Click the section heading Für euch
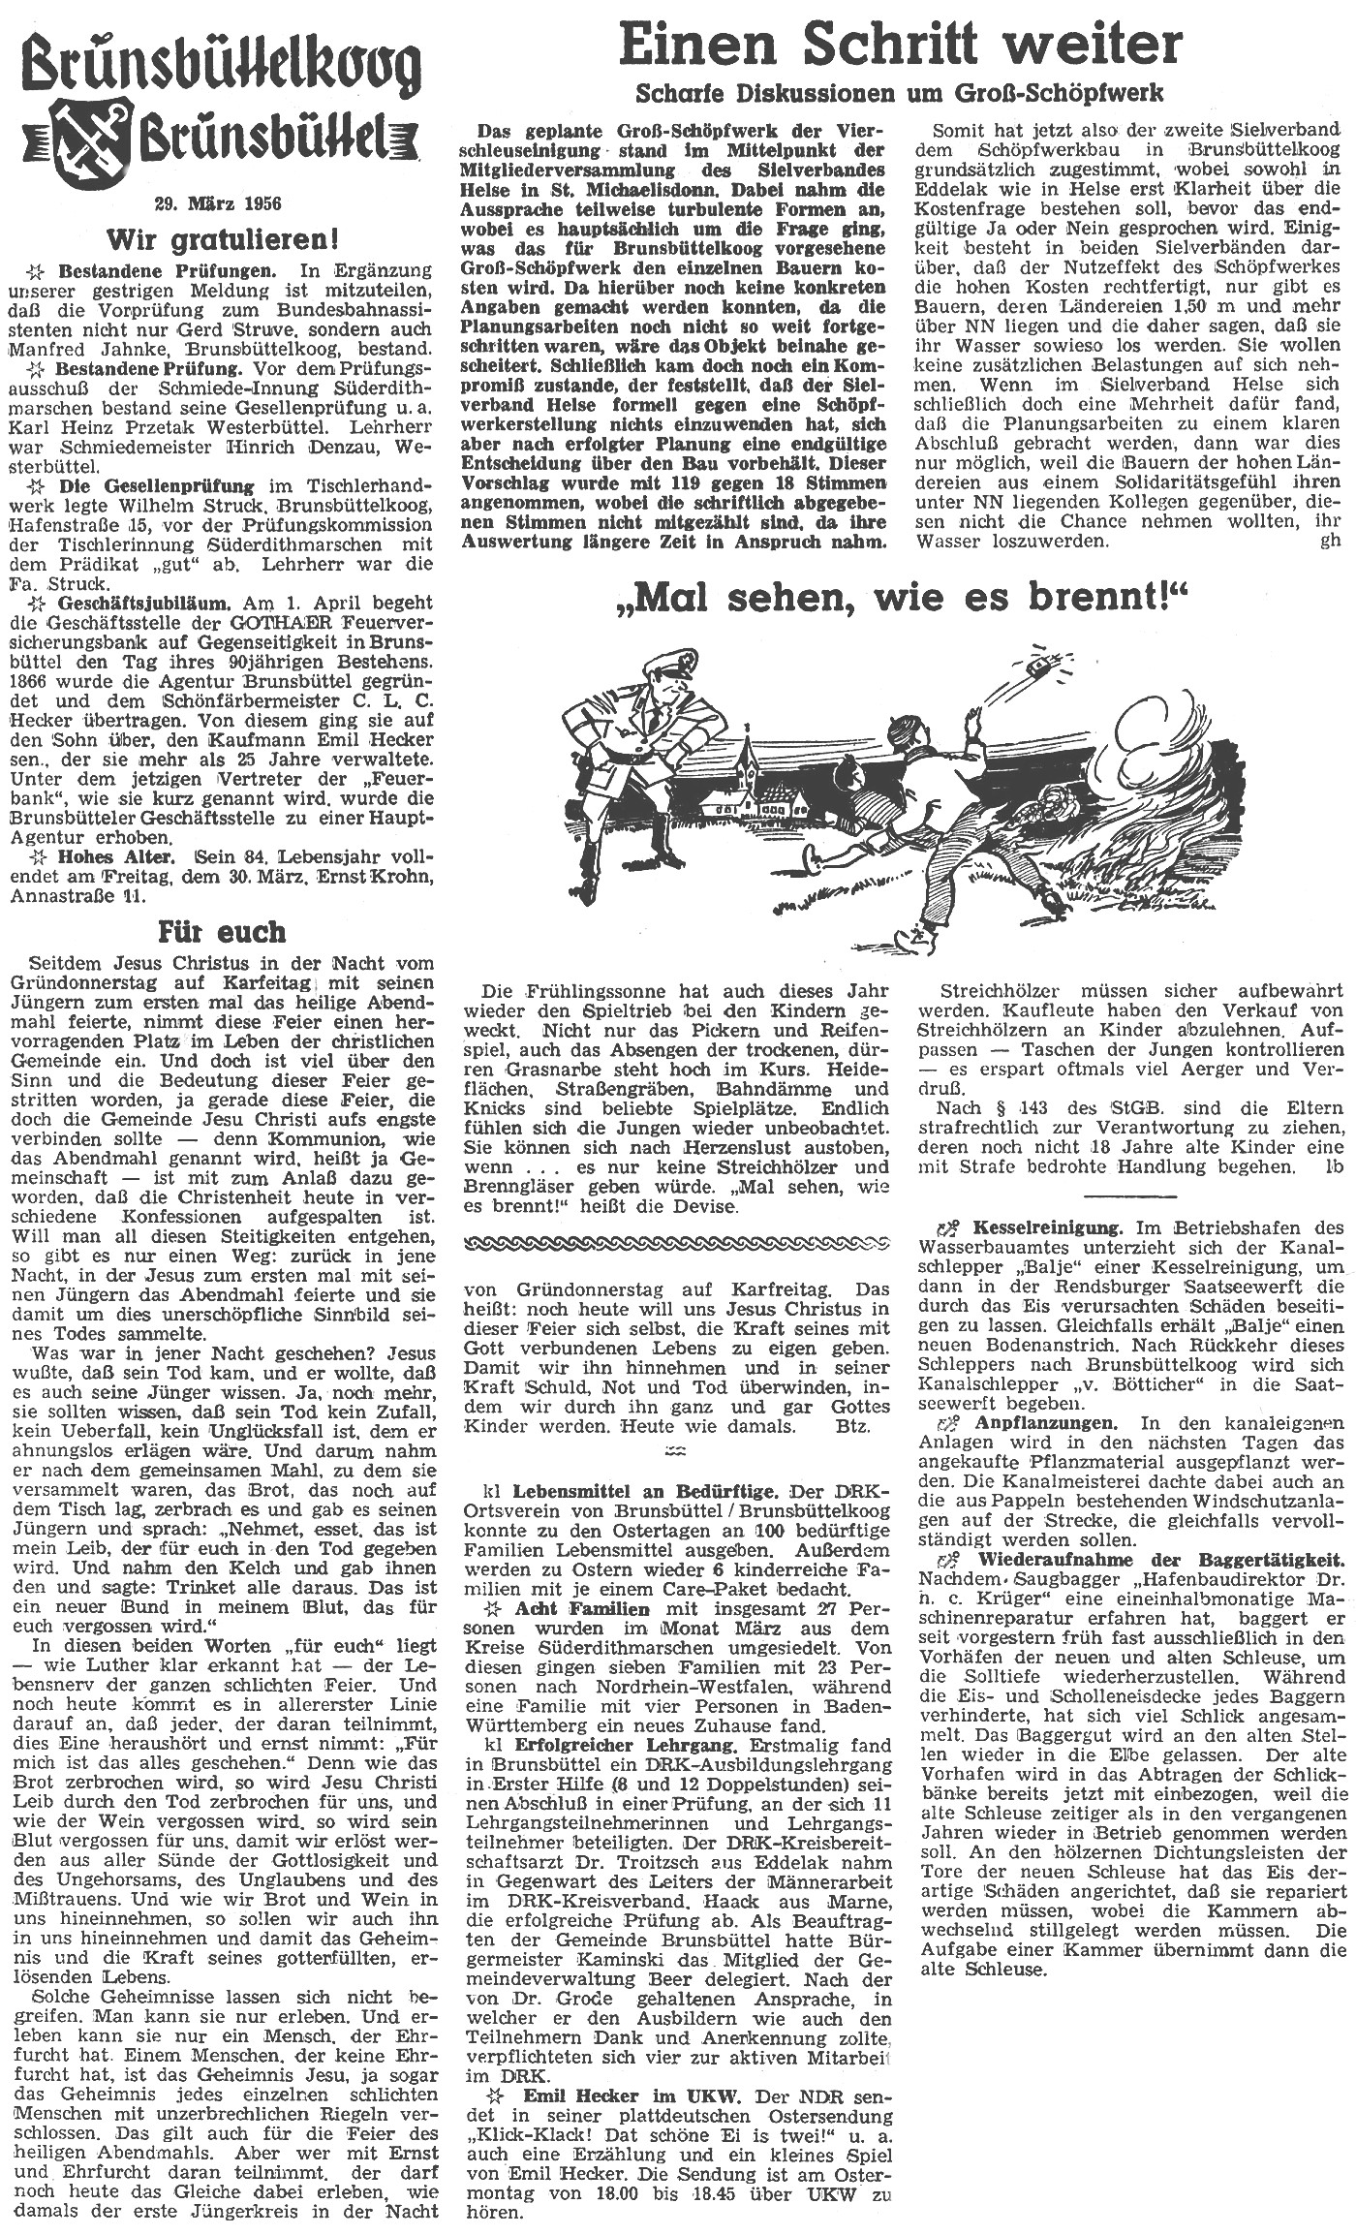[x=222, y=932]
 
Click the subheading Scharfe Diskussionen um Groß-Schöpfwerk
[x=899, y=94]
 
